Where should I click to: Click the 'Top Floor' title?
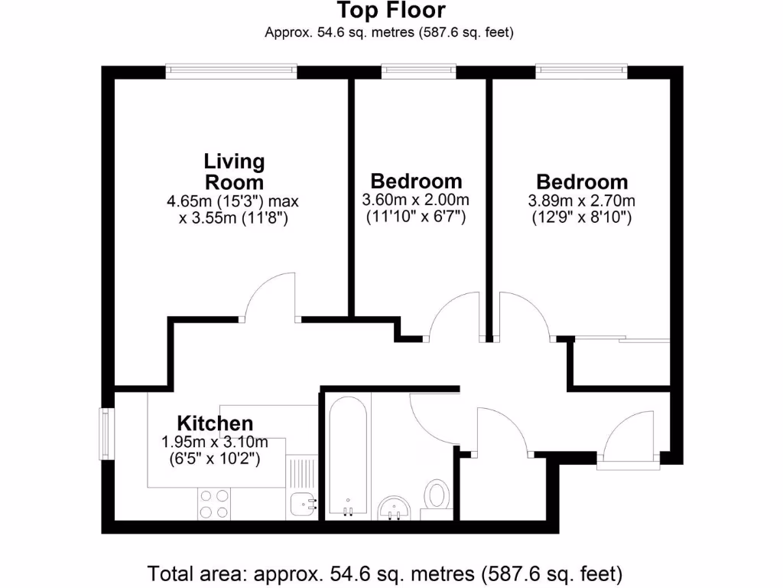[391, 11]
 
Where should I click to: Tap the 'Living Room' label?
[234, 172]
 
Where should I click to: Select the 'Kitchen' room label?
[215, 423]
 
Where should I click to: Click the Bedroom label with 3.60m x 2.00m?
[417, 181]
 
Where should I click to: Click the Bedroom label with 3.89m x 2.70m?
[582, 182]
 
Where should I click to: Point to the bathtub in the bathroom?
[348, 456]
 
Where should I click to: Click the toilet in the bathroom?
[437, 495]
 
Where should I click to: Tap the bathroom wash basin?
[395, 506]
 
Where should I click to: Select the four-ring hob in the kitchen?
[214, 504]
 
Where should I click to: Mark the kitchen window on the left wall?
[106, 434]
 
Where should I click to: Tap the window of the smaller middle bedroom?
[419, 70]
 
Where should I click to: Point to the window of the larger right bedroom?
[582, 70]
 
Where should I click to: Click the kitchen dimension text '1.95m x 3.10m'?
[215, 443]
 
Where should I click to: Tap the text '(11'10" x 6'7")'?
[417, 217]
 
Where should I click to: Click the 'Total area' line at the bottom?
[385, 573]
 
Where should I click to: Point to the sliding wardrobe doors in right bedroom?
[621, 338]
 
